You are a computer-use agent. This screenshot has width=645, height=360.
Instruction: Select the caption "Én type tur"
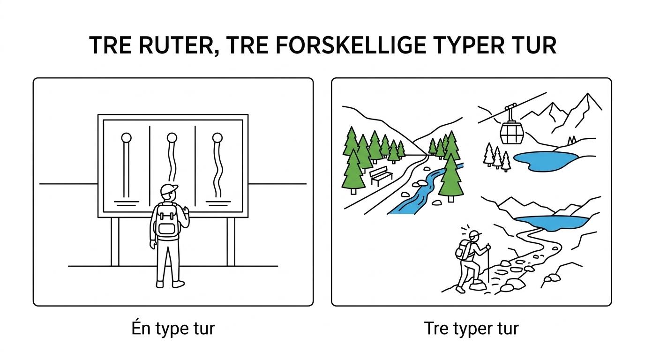(x=173, y=328)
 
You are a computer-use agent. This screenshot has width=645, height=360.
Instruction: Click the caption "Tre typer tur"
(x=472, y=328)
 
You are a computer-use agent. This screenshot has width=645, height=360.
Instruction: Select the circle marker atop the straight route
(x=126, y=138)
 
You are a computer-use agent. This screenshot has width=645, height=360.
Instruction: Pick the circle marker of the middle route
(x=172, y=138)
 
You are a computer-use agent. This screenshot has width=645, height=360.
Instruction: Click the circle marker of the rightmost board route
(x=217, y=138)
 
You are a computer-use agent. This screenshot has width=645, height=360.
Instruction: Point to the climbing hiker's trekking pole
(x=488, y=262)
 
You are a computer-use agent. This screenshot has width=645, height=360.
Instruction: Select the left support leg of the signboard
(x=115, y=241)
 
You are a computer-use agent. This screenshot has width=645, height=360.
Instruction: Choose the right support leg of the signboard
(x=231, y=241)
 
